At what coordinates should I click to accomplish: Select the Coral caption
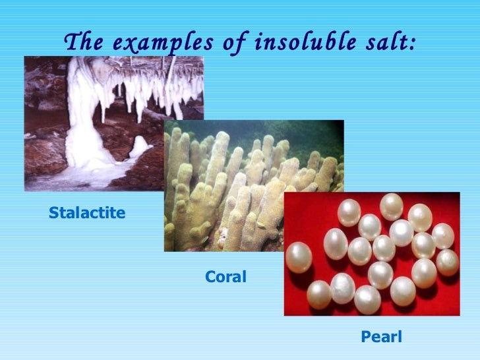click(225, 278)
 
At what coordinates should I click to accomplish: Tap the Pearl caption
click(381, 338)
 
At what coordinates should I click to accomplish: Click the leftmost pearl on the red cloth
click(298, 256)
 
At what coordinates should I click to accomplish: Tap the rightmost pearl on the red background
click(448, 262)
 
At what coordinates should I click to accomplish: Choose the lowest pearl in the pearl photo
click(367, 300)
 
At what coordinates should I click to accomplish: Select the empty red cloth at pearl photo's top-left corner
click(300, 204)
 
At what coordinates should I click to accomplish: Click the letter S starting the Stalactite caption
click(53, 213)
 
